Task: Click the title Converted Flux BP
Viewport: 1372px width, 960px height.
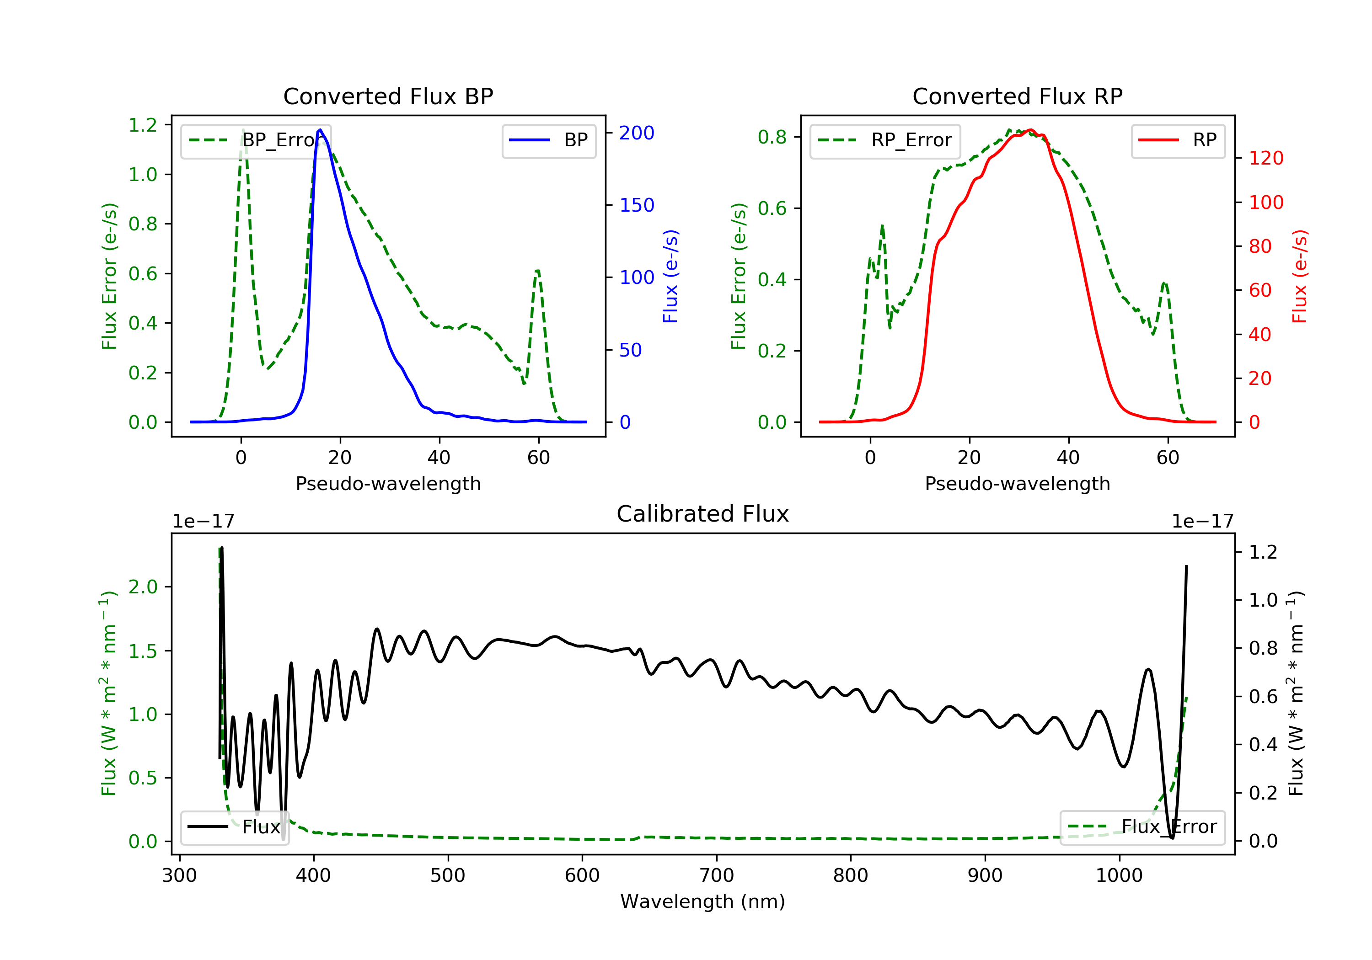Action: pyautogui.click(x=388, y=96)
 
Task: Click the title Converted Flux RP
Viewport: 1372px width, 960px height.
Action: pyautogui.click(x=1017, y=96)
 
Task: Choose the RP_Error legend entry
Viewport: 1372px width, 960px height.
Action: pyautogui.click(x=885, y=140)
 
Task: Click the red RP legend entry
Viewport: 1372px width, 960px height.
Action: pyautogui.click(x=1178, y=140)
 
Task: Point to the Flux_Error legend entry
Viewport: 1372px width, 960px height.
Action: pyautogui.click(x=1142, y=827)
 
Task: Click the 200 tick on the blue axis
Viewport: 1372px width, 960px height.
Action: pyautogui.click(x=637, y=133)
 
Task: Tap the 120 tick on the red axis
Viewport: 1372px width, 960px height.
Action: pyautogui.click(x=1265, y=158)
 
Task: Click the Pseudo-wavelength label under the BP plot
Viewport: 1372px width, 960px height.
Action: pyautogui.click(x=388, y=483)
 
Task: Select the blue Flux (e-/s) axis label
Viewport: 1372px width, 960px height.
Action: pyautogui.click(x=670, y=276)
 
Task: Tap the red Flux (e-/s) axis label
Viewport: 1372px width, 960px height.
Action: pyautogui.click(x=1300, y=276)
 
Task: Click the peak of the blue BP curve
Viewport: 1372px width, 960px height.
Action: pyautogui.click(x=320, y=130)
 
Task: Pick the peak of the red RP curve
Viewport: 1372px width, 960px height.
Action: pyautogui.click(x=1030, y=130)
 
